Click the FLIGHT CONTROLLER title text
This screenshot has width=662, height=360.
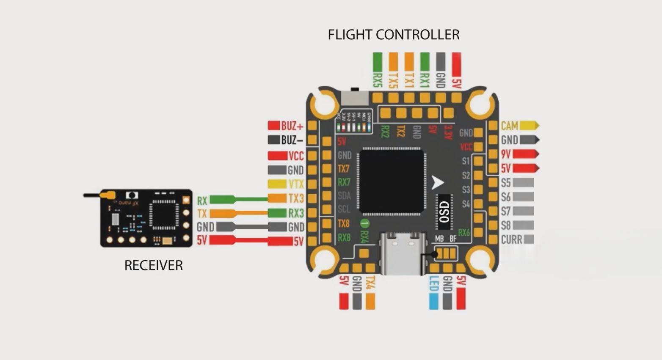[x=394, y=35]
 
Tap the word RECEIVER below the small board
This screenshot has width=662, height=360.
[x=154, y=266]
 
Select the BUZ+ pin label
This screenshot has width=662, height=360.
[x=292, y=126]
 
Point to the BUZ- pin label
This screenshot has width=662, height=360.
[x=292, y=140]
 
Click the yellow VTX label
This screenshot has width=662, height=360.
[x=296, y=184]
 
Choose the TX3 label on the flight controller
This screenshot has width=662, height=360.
[x=296, y=198]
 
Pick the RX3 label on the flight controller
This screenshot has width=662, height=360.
[x=296, y=213]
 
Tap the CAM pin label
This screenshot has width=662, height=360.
[x=509, y=126]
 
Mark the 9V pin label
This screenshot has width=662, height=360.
[x=506, y=154]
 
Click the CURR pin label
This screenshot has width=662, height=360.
[x=511, y=240]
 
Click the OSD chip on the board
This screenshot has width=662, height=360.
[x=444, y=211]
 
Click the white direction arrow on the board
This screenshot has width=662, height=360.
[x=437, y=183]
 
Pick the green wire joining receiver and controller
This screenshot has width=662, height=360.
[x=250, y=198]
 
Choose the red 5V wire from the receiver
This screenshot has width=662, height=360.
[x=250, y=241]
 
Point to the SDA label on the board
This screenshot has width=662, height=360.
[x=344, y=196]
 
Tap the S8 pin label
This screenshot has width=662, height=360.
[x=506, y=225]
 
